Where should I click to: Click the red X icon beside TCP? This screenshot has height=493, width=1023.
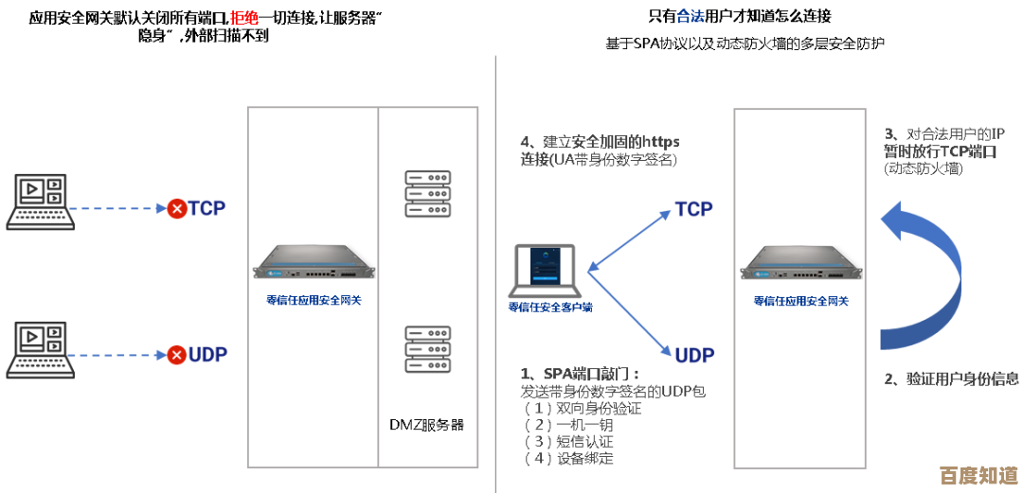tap(176, 208)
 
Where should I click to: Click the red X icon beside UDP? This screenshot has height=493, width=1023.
tap(176, 356)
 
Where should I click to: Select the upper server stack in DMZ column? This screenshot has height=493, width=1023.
tap(427, 194)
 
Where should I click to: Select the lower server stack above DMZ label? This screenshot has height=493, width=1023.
tap(427, 349)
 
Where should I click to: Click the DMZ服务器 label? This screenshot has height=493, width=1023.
tap(427, 425)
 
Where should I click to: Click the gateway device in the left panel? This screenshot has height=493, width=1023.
tap(314, 265)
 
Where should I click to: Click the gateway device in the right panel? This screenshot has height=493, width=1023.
tap(800, 265)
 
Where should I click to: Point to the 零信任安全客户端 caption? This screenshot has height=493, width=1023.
tap(550, 307)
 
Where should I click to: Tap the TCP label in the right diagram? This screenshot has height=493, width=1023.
tap(693, 209)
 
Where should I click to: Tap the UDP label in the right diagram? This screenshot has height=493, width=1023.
tap(694, 356)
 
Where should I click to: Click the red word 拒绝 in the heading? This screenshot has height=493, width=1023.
tap(244, 17)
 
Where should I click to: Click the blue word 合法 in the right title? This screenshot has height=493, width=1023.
tap(691, 16)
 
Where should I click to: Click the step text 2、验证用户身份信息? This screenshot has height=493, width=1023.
tap(951, 379)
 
